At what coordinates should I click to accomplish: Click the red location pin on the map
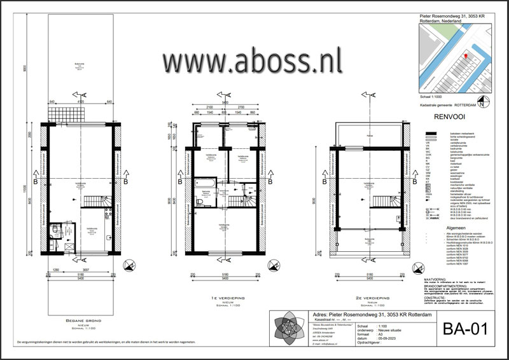(x=466, y=56)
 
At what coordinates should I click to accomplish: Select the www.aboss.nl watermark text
(x=252, y=62)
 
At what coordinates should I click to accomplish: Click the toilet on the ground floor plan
(x=56, y=230)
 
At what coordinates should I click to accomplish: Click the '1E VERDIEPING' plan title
(x=220, y=296)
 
